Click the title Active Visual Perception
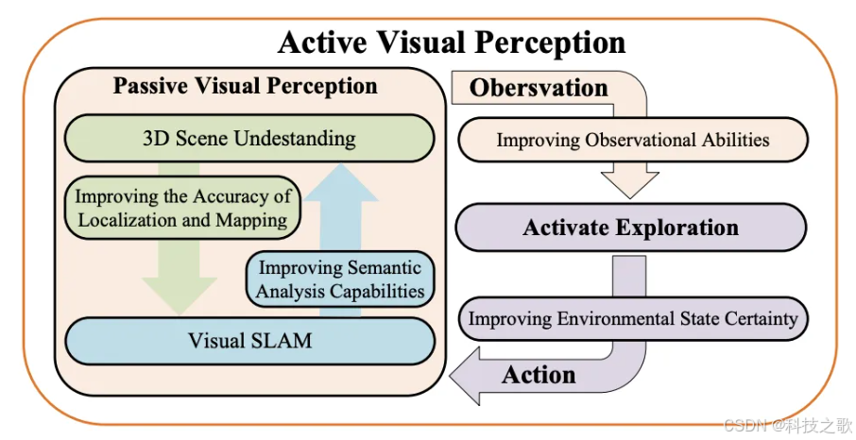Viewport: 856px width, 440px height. pos(451,42)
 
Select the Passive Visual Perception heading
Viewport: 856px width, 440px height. pos(245,86)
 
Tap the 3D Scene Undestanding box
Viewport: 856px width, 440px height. pos(248,138)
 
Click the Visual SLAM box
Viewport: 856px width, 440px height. pos(248,339)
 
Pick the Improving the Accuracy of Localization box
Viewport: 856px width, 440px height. pos(181,209)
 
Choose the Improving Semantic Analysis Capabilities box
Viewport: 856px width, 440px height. pos(339,279)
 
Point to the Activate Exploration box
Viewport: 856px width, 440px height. pos(630,228)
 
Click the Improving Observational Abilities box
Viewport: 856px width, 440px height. pos(632,140)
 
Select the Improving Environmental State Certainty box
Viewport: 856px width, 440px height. pos(632,318)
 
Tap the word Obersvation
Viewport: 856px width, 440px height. pos(539,88)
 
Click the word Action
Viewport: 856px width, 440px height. pos(539,375)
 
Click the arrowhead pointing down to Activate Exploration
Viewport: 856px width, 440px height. pos(631,184)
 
